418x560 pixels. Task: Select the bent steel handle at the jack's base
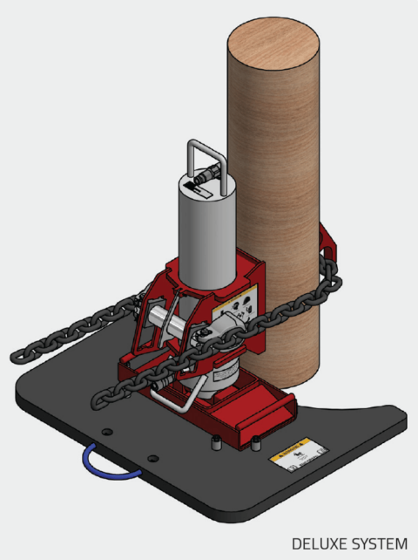[179, 404]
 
